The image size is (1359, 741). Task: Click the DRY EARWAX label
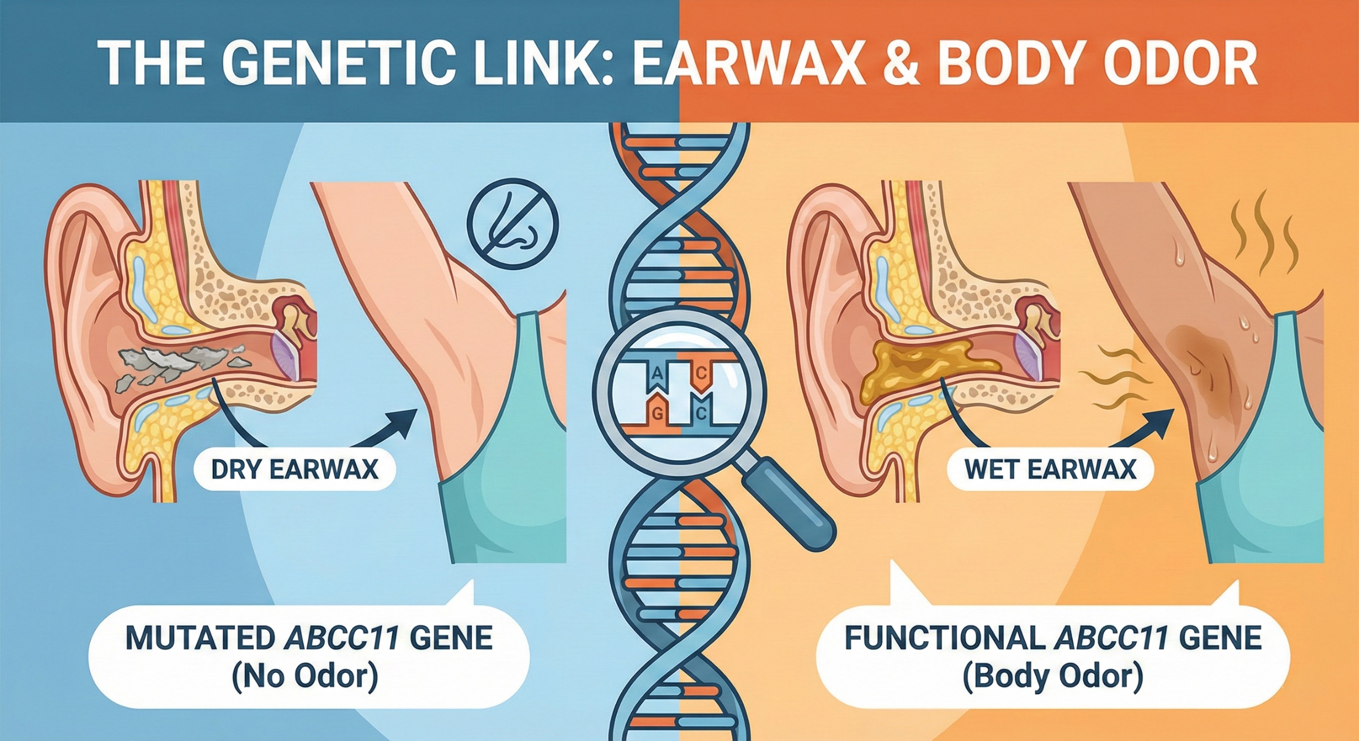coord(295,469)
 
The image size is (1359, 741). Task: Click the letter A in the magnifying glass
coord(657,374)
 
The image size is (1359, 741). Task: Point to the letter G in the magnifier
coord(657,415)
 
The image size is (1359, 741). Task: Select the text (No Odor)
coord(305,677)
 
